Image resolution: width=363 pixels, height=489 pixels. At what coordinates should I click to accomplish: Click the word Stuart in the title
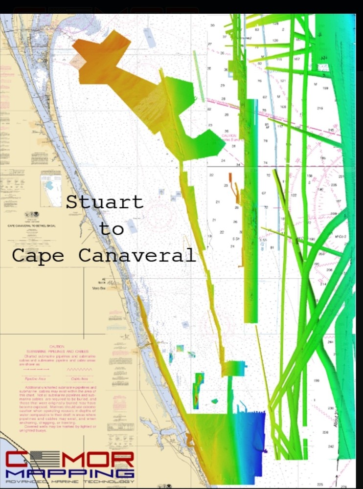105,202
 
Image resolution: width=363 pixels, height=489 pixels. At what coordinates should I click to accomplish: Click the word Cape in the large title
42,255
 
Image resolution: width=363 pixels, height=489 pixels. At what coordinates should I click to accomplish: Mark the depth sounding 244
330,342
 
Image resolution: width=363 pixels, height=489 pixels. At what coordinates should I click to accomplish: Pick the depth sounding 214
323,284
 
